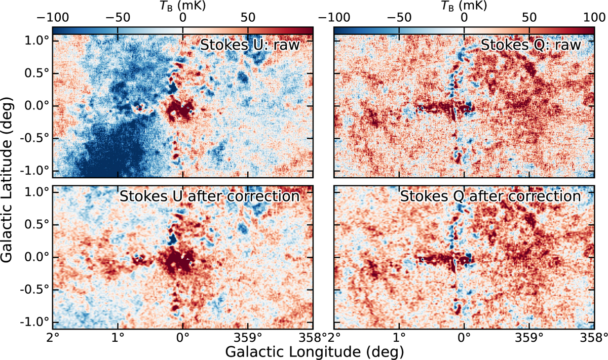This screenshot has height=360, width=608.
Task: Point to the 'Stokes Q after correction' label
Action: point(490,196)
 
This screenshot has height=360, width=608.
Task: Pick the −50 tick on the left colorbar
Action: point(118,17)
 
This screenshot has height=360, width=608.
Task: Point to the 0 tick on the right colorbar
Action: point(464,17)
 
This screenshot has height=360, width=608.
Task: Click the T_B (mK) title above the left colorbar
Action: point(182,6)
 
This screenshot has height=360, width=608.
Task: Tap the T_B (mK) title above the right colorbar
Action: point(464,6)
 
